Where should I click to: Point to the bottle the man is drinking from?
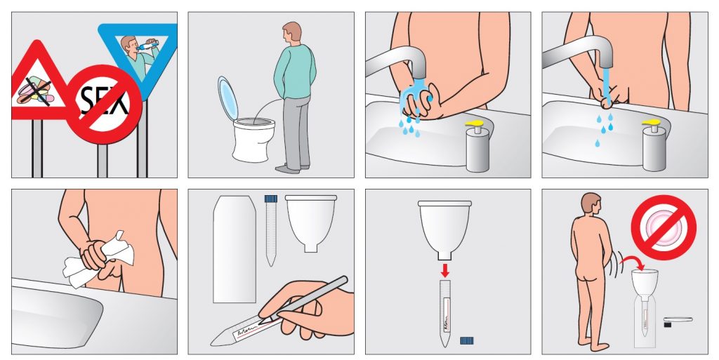[x=147, y=46]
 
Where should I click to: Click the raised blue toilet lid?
[x=228, y=98]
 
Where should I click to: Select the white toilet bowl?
[x=253, y=139]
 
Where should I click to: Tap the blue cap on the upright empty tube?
[x=271, y=199]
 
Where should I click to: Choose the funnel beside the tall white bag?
[x=311, y=222]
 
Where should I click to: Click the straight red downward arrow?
[x=444, y=269]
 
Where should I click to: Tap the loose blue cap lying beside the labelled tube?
[x=466, y=340]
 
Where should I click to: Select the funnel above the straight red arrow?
[x=444, y=229]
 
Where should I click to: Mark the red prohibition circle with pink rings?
[x=664, y=227]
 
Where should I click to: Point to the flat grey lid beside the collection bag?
[x=678, y=319]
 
